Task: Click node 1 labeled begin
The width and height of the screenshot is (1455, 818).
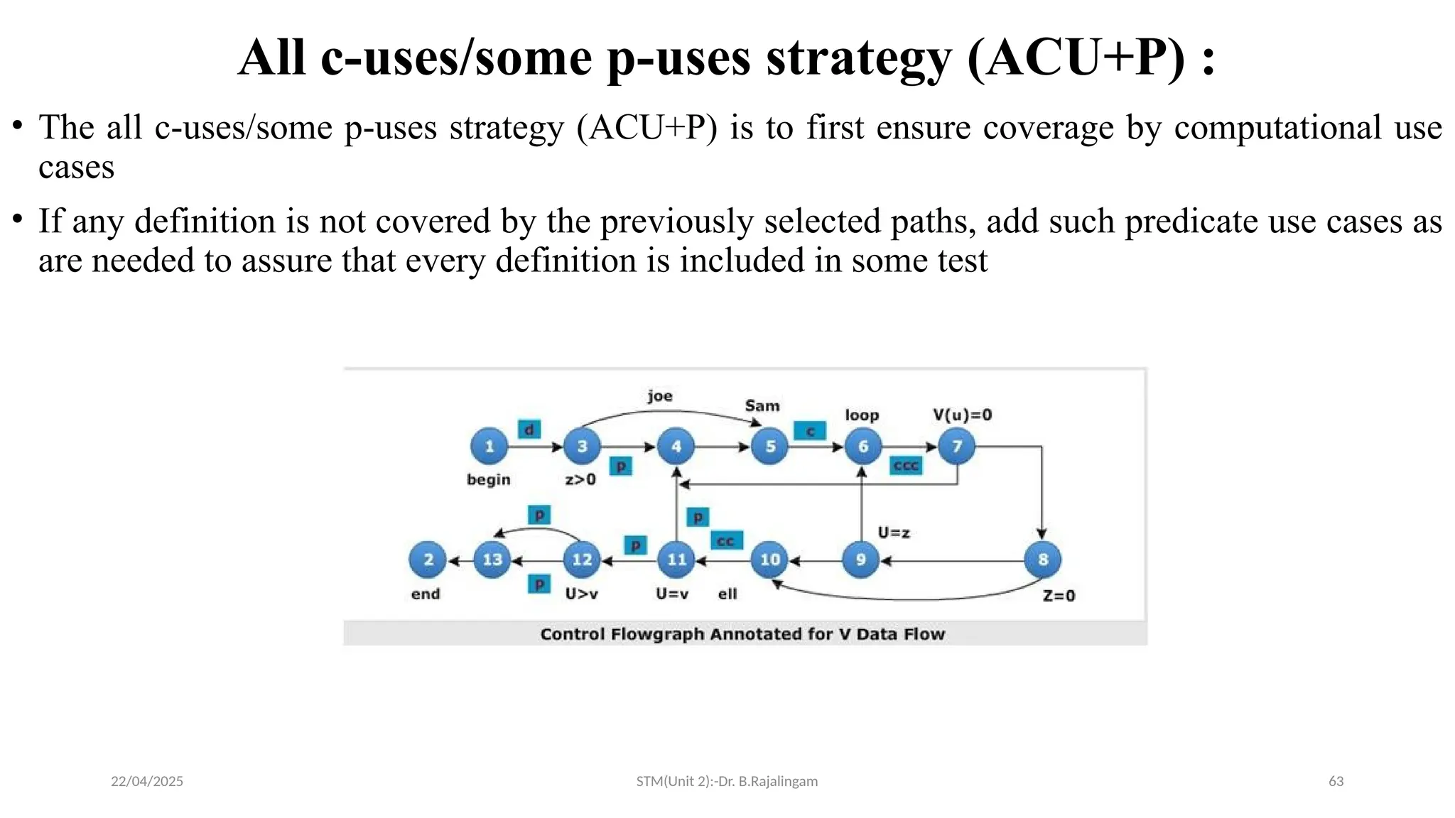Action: point(489,447)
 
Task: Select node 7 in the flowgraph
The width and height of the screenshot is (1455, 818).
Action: point(956,447)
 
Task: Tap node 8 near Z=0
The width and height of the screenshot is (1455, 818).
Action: point(1042,560)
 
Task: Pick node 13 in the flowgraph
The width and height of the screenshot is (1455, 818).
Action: point(492,560)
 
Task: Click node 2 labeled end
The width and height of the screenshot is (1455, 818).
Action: point(428,560)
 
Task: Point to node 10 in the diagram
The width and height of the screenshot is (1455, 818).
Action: point(769,560)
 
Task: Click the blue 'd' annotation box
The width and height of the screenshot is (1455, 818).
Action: point(529,430)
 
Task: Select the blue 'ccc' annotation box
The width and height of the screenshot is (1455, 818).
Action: point(906,466)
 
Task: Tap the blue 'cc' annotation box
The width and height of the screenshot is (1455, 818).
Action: point(726,541)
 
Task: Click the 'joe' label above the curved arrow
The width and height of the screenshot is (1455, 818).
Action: point(659,396)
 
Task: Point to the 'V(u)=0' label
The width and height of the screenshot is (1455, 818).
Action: point(962,415)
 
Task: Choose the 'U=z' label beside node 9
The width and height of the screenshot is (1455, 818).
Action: point(894,533)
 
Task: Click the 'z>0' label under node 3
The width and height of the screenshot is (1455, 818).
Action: point(580,480)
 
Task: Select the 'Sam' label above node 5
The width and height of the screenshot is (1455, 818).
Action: point(762,406)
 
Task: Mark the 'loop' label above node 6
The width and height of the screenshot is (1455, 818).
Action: point(862,415)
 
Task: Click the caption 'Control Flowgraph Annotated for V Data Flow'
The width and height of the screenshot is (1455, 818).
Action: point(742,634)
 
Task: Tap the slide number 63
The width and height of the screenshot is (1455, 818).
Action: point(1336,781)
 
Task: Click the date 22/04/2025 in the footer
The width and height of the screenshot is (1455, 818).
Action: point(147,781)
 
